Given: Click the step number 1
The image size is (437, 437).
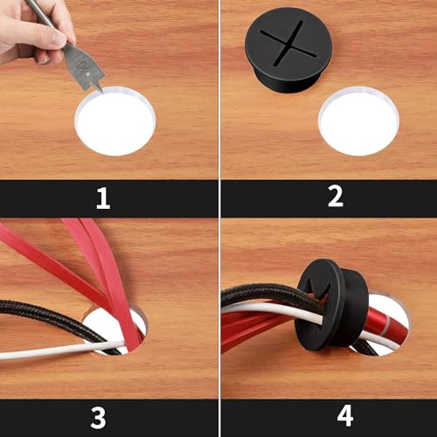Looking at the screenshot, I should coord(103,198).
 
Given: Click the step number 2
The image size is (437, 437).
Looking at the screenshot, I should coord(335,198).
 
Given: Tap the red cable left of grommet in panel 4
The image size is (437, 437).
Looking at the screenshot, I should coord(253,332).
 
